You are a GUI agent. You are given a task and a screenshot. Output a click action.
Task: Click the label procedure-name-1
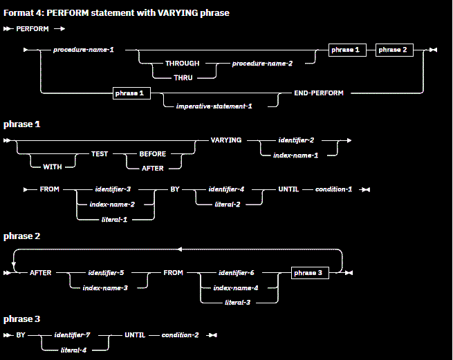pos(84,50)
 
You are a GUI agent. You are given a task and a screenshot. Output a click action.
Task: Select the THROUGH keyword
pos(182,64)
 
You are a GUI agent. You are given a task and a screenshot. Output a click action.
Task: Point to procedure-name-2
pos(262,64)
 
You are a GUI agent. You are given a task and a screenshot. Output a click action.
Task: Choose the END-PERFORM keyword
pos(319,93)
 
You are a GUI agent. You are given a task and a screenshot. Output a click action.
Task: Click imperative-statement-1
pos(214,106)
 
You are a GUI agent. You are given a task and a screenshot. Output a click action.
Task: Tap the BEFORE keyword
pos(153,155)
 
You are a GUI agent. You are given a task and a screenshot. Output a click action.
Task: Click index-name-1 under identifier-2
pos(296,155)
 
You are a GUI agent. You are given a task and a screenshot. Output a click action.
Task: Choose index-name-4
pos(236,287)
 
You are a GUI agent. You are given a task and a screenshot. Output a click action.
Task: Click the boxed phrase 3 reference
pos(308,273)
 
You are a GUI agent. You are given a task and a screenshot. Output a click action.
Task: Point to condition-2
pos(181,335)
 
